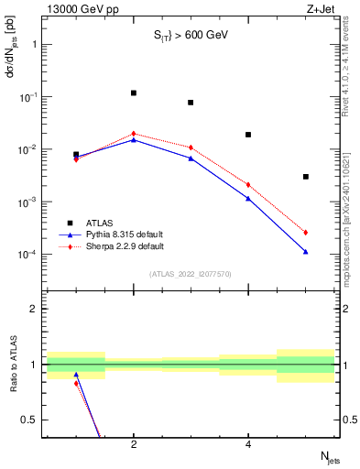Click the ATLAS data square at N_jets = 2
click(134, 93)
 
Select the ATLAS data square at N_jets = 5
click(306, 177)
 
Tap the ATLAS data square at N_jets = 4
click(248, 135)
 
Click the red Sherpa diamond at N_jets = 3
click(191, 147)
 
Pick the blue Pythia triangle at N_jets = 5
click(306, 251)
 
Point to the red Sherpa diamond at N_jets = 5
click(306, 233)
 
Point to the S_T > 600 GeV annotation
click(190, 36)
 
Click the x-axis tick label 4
click(248, 444)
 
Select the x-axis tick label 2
click(134, 444)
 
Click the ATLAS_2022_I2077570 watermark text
click(191, 274)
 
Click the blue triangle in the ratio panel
click(76, 375)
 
